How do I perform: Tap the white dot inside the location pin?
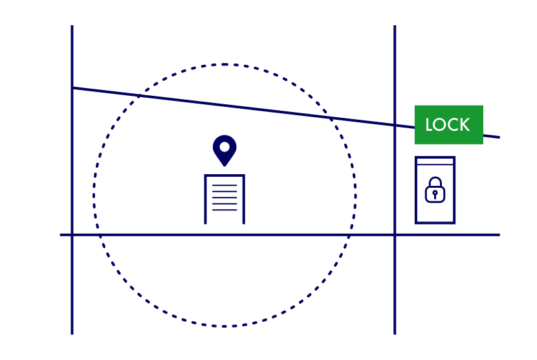[225, 147]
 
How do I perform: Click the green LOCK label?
[448, 124]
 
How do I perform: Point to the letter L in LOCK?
[429, 125]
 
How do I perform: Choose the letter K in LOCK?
[464, 125]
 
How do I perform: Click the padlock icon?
[435, 190]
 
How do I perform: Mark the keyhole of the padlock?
[435, 194]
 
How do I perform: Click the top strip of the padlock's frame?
[435, 161]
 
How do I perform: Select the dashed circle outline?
[94, 194]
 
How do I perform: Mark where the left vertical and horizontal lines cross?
[72, 234]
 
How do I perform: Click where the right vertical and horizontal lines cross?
[395, 234]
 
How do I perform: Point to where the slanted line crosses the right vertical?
[395, 125]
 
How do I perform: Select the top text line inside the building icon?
[225, 186]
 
